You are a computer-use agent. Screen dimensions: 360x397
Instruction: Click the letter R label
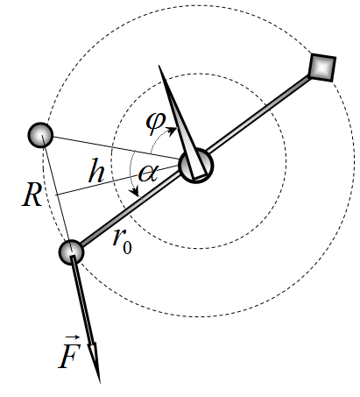(x=32, y=195)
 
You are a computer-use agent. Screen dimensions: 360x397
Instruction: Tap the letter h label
(x=96, y=171)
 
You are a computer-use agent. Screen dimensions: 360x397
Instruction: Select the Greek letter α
(x=148, y=174)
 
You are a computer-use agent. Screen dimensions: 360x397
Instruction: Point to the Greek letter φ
(x=156, y=123)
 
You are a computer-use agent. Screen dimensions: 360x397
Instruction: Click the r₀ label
(x=123, y=241)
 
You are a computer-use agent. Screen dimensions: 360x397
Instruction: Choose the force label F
(x=70, y=353)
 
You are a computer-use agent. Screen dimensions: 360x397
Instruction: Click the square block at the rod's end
(x=322, y=67)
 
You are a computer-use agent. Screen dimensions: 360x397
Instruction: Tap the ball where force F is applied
(x=71, y=252)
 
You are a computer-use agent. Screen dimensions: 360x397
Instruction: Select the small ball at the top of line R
(x=40, y=135)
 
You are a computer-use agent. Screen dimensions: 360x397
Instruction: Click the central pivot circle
(x=196, y=166)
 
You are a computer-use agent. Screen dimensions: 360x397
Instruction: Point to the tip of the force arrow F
(x=99, y=382)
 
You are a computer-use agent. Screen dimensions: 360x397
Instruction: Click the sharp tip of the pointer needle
(x=159, y=66)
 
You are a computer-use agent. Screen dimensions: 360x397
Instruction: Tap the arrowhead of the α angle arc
(x=135, y=193)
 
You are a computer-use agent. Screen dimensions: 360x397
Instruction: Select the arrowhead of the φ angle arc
(x=173, y=130)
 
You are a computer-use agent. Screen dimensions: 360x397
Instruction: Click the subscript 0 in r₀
(x=127, y=247)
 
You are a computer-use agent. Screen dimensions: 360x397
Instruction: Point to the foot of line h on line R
(x=56, y=195)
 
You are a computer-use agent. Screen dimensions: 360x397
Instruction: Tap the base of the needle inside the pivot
(x=199, y=177)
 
